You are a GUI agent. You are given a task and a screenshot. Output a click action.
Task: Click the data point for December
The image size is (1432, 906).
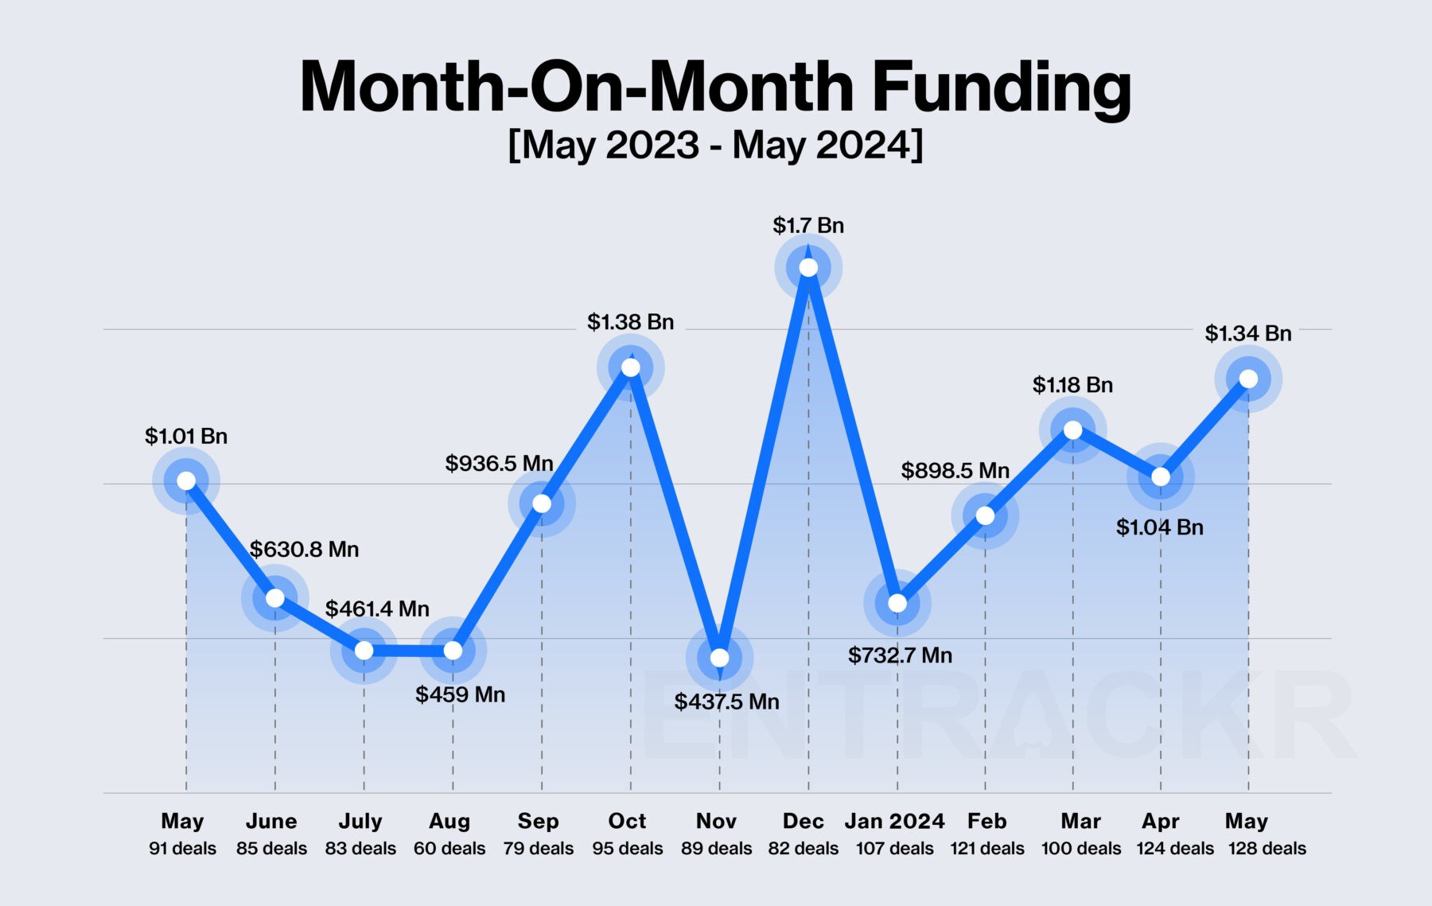point(808,267)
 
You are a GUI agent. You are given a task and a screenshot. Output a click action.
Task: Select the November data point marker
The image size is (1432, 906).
point(719,658)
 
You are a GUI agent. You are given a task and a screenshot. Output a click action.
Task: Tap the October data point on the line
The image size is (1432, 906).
point(631,367)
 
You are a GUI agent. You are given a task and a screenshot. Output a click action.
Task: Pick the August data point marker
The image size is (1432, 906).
point(453,651)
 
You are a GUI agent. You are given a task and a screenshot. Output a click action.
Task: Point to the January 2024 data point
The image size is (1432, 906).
point(897,603)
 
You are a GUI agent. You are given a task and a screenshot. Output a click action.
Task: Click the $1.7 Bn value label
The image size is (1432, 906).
point(808,226)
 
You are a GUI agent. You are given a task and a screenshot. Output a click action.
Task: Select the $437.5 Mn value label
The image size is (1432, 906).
point(726,702)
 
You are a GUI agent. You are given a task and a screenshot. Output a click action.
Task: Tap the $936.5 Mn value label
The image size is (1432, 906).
point(499,463)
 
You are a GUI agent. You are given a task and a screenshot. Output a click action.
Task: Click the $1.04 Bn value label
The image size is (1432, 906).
point(1160,527)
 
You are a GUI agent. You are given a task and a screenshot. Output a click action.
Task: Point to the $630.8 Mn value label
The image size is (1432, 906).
point(304,550)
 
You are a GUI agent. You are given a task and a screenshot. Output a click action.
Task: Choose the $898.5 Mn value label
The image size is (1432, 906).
point(955,471)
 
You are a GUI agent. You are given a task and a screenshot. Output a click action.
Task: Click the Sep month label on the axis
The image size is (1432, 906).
point(538,821)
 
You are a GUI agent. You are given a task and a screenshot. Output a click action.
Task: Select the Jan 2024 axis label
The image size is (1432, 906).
point(894,821)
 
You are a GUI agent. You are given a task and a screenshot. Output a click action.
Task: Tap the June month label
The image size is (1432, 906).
point(271,821)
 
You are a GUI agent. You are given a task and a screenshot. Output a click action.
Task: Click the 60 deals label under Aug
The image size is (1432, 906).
point(449,849)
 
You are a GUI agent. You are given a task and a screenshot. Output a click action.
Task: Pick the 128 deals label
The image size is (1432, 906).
point(1267,849)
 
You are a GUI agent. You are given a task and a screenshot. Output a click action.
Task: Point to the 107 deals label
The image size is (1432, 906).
point(894,849)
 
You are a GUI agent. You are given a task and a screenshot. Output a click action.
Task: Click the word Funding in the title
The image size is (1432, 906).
point(1001,87)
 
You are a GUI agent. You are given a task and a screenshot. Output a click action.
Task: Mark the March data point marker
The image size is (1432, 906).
point(1073,430)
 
